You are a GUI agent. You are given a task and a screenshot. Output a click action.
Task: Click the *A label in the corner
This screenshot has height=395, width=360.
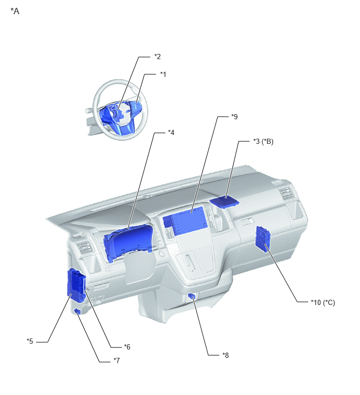pyautogui.click(x=15, y=12)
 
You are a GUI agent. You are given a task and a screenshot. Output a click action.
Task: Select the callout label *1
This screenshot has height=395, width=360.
pyautogui.click(x=163, y=74)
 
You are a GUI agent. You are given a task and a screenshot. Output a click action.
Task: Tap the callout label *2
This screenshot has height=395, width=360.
pyautogui.click(x=157, y=57)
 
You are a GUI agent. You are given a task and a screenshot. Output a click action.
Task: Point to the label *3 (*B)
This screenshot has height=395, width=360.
pyautogui.click(x=263, y=142)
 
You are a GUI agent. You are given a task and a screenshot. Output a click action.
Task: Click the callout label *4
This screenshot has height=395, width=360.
pyautogui.click(x=171, y=132)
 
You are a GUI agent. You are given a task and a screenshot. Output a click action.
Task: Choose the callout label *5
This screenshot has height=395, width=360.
pyautogui.click(x=30, y=341)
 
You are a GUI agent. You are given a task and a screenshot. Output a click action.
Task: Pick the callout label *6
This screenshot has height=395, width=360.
pyautogui.click(x=127, y=347)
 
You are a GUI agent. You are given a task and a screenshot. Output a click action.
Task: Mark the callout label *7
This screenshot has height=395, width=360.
pyautogui.click(x=117, y=360)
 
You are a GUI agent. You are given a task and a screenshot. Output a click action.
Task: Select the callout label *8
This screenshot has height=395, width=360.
pyautogui.click(x=226, y=355)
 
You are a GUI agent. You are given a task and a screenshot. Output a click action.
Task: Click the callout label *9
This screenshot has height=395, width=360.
pyautogui.click(x=234, y=117)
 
